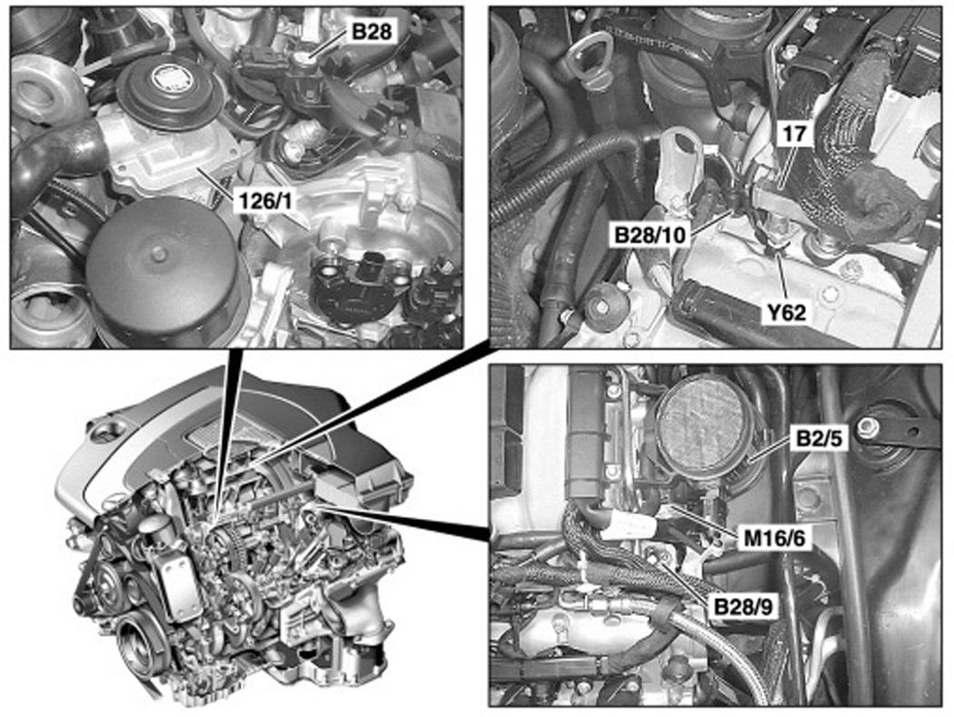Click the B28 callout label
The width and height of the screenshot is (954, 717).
pyautogui.click(x=372, y=31)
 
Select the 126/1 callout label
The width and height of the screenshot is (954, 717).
pyautogui.click(x=263, y=200)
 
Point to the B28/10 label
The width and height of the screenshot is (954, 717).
pyautogui.click(x=651, y=235)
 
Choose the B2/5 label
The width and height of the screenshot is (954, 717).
pyautogui.click(x=818, y=438)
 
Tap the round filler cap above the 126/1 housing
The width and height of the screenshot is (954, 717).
pyautogui.click(x=161, y=91)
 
